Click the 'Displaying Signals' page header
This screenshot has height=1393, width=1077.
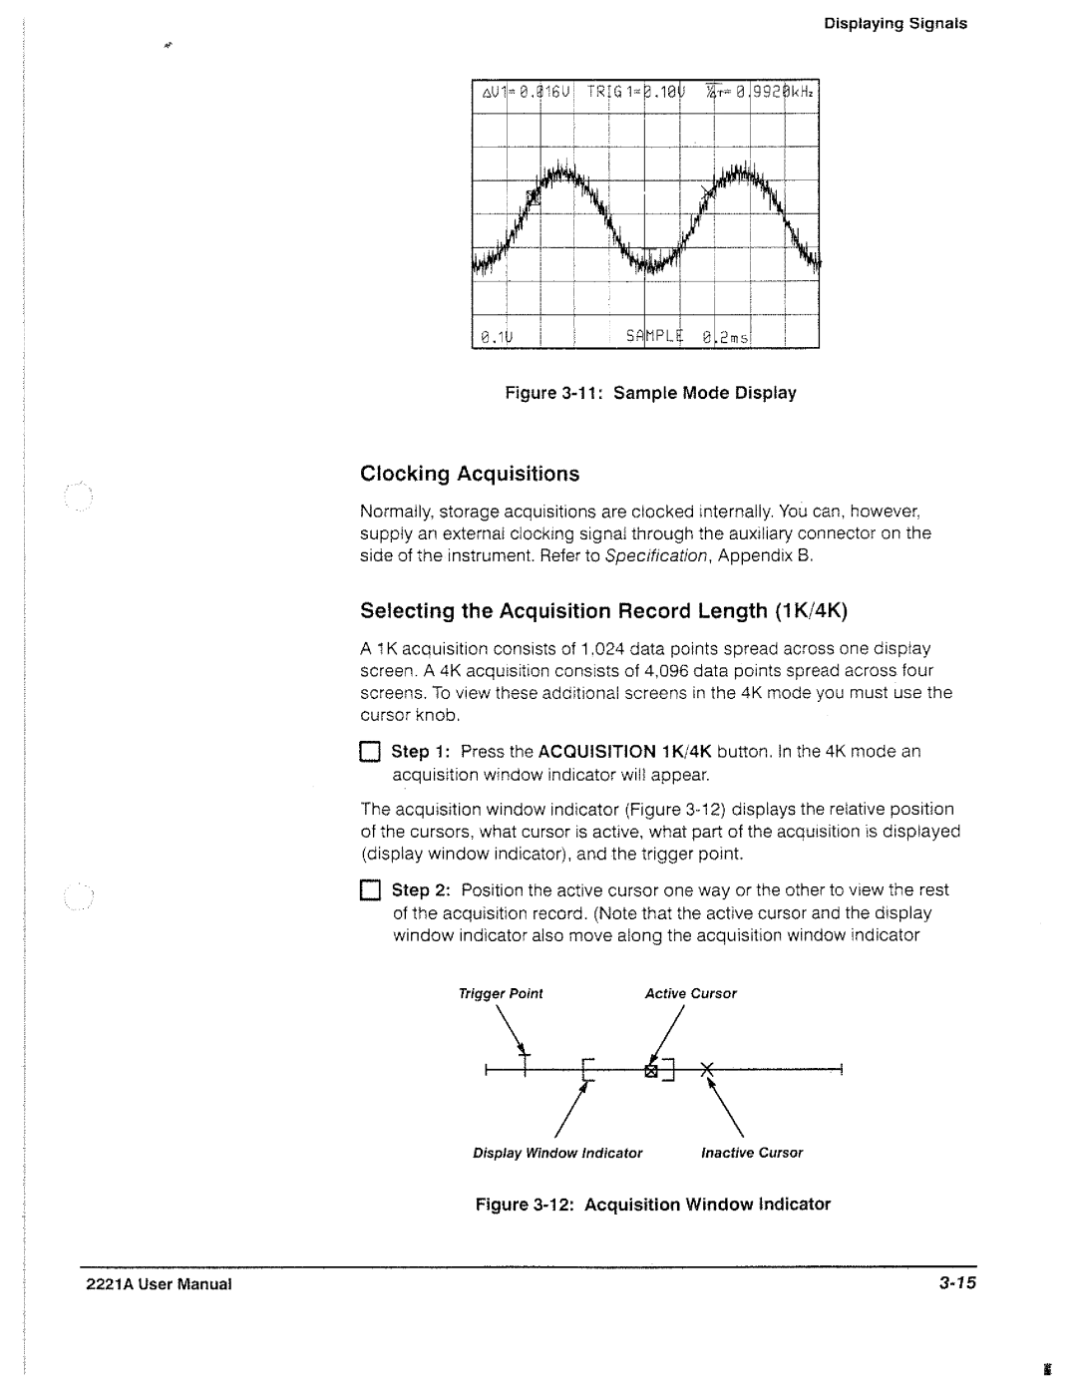tap(895, 23)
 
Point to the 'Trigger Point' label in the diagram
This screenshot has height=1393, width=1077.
tap(500, 993)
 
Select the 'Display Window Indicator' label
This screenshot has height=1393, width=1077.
tap(557, 1153)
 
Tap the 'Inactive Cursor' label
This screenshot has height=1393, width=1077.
tap(751, 1153)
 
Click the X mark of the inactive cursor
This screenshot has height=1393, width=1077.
tap(707, 1070)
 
